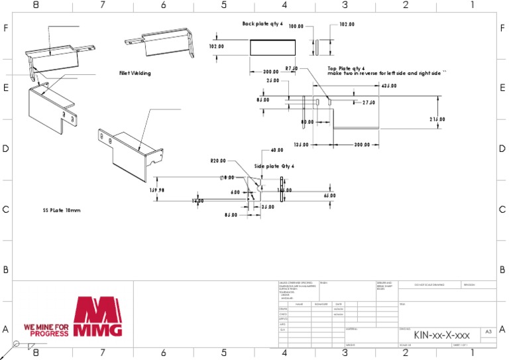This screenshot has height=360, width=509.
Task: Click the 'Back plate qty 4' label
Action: (262, 24)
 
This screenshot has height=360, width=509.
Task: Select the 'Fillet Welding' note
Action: (135, 73)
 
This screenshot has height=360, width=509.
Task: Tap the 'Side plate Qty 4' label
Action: (274, 166)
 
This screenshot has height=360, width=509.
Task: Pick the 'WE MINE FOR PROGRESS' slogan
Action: (46, 330)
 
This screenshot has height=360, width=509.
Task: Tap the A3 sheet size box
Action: (488, 330)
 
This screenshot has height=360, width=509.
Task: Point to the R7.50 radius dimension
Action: (292, 68)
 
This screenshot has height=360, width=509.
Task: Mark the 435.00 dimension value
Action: (389, 86)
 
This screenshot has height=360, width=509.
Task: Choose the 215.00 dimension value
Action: (437, 119)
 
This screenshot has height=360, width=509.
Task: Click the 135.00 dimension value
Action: (301, 145)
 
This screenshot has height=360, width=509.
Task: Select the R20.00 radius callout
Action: (218, 160)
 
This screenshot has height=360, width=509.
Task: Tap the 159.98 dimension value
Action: (157, 189)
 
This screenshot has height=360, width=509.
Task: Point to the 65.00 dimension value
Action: (329, 196)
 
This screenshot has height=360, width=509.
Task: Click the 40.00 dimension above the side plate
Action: (276, 150)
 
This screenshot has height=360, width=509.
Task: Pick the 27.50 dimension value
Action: (369, 103)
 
